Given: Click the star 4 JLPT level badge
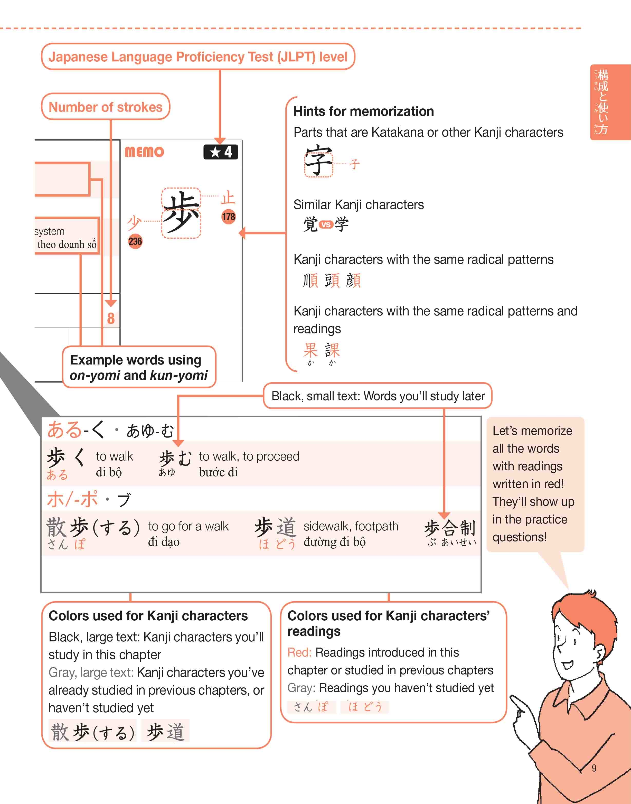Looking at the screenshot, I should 221,152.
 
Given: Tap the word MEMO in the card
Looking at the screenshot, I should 144,152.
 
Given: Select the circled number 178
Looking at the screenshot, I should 228,217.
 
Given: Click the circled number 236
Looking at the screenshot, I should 135,241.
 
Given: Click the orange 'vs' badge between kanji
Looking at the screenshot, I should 325,224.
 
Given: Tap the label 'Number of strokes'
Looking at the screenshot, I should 105,107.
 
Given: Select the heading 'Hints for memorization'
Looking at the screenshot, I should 364,111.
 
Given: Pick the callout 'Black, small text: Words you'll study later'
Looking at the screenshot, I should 378,396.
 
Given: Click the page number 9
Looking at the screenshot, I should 594,768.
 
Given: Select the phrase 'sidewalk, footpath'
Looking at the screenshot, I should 351,526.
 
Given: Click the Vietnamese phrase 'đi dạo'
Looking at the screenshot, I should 164,542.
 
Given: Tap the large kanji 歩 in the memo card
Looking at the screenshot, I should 181,212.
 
